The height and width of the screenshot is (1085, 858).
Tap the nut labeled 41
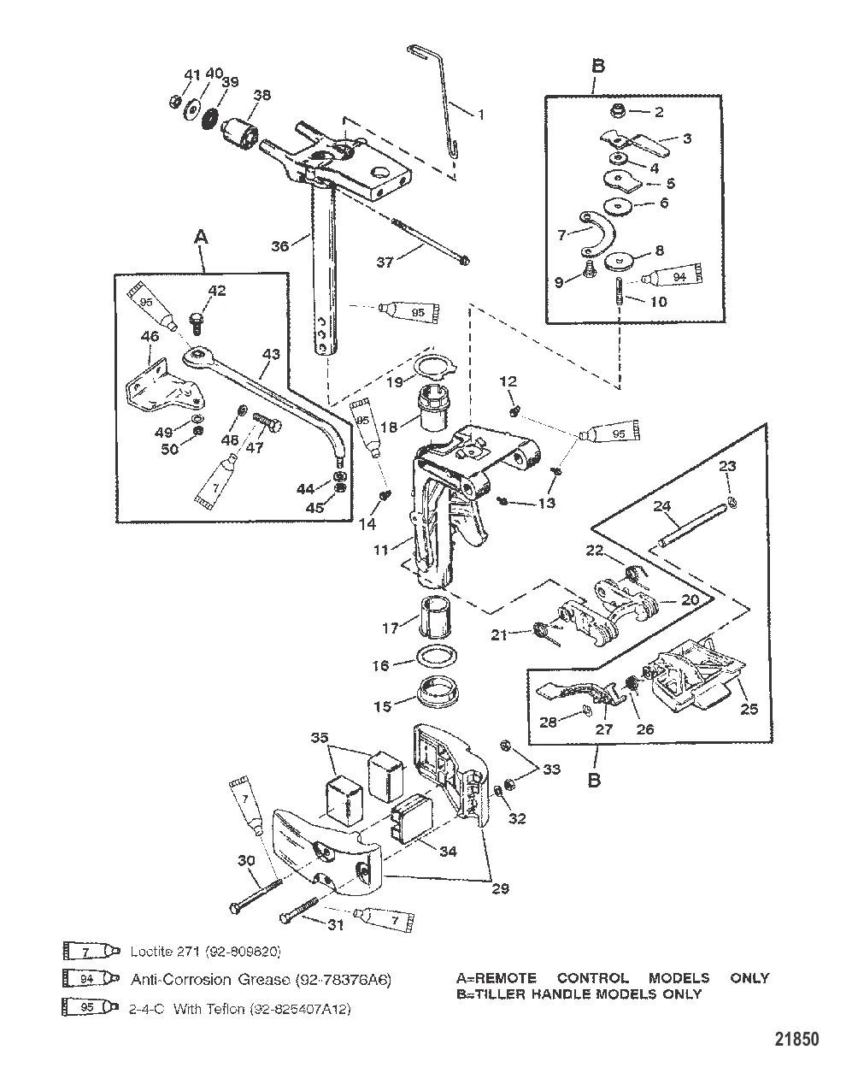(x=172, y=103)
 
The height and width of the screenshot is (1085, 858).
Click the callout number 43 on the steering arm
(x=271, y=353)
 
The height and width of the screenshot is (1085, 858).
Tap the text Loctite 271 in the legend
(x=169, y=951)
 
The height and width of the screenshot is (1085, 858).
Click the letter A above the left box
(x=202, y=241)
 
